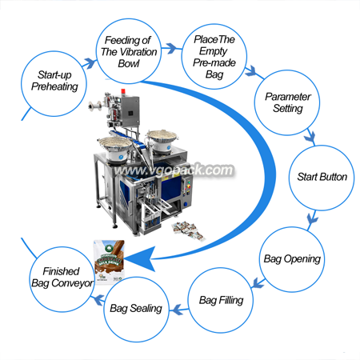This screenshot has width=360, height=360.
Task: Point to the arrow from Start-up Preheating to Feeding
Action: (90, 64)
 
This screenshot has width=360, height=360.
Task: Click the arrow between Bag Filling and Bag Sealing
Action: (178, 310)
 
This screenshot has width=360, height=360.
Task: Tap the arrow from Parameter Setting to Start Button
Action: (310, 138)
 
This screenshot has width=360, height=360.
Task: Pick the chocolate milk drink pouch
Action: (109, 262)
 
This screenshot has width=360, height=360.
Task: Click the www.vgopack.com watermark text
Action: (174, 170)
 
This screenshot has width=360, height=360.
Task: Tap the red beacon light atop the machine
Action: (123, 91)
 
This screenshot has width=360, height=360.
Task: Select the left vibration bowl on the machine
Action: (114, 148)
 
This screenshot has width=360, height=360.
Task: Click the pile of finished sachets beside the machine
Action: (188, 230)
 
